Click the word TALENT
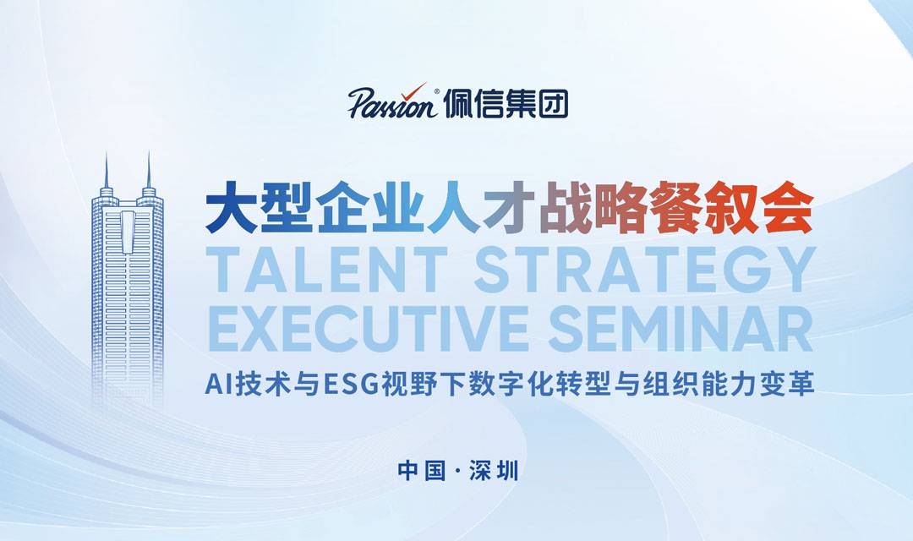326,269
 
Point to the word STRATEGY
644,269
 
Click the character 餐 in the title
675,207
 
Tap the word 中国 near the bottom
422,471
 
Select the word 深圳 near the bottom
494,471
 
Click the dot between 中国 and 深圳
457,471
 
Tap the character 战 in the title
564,207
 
